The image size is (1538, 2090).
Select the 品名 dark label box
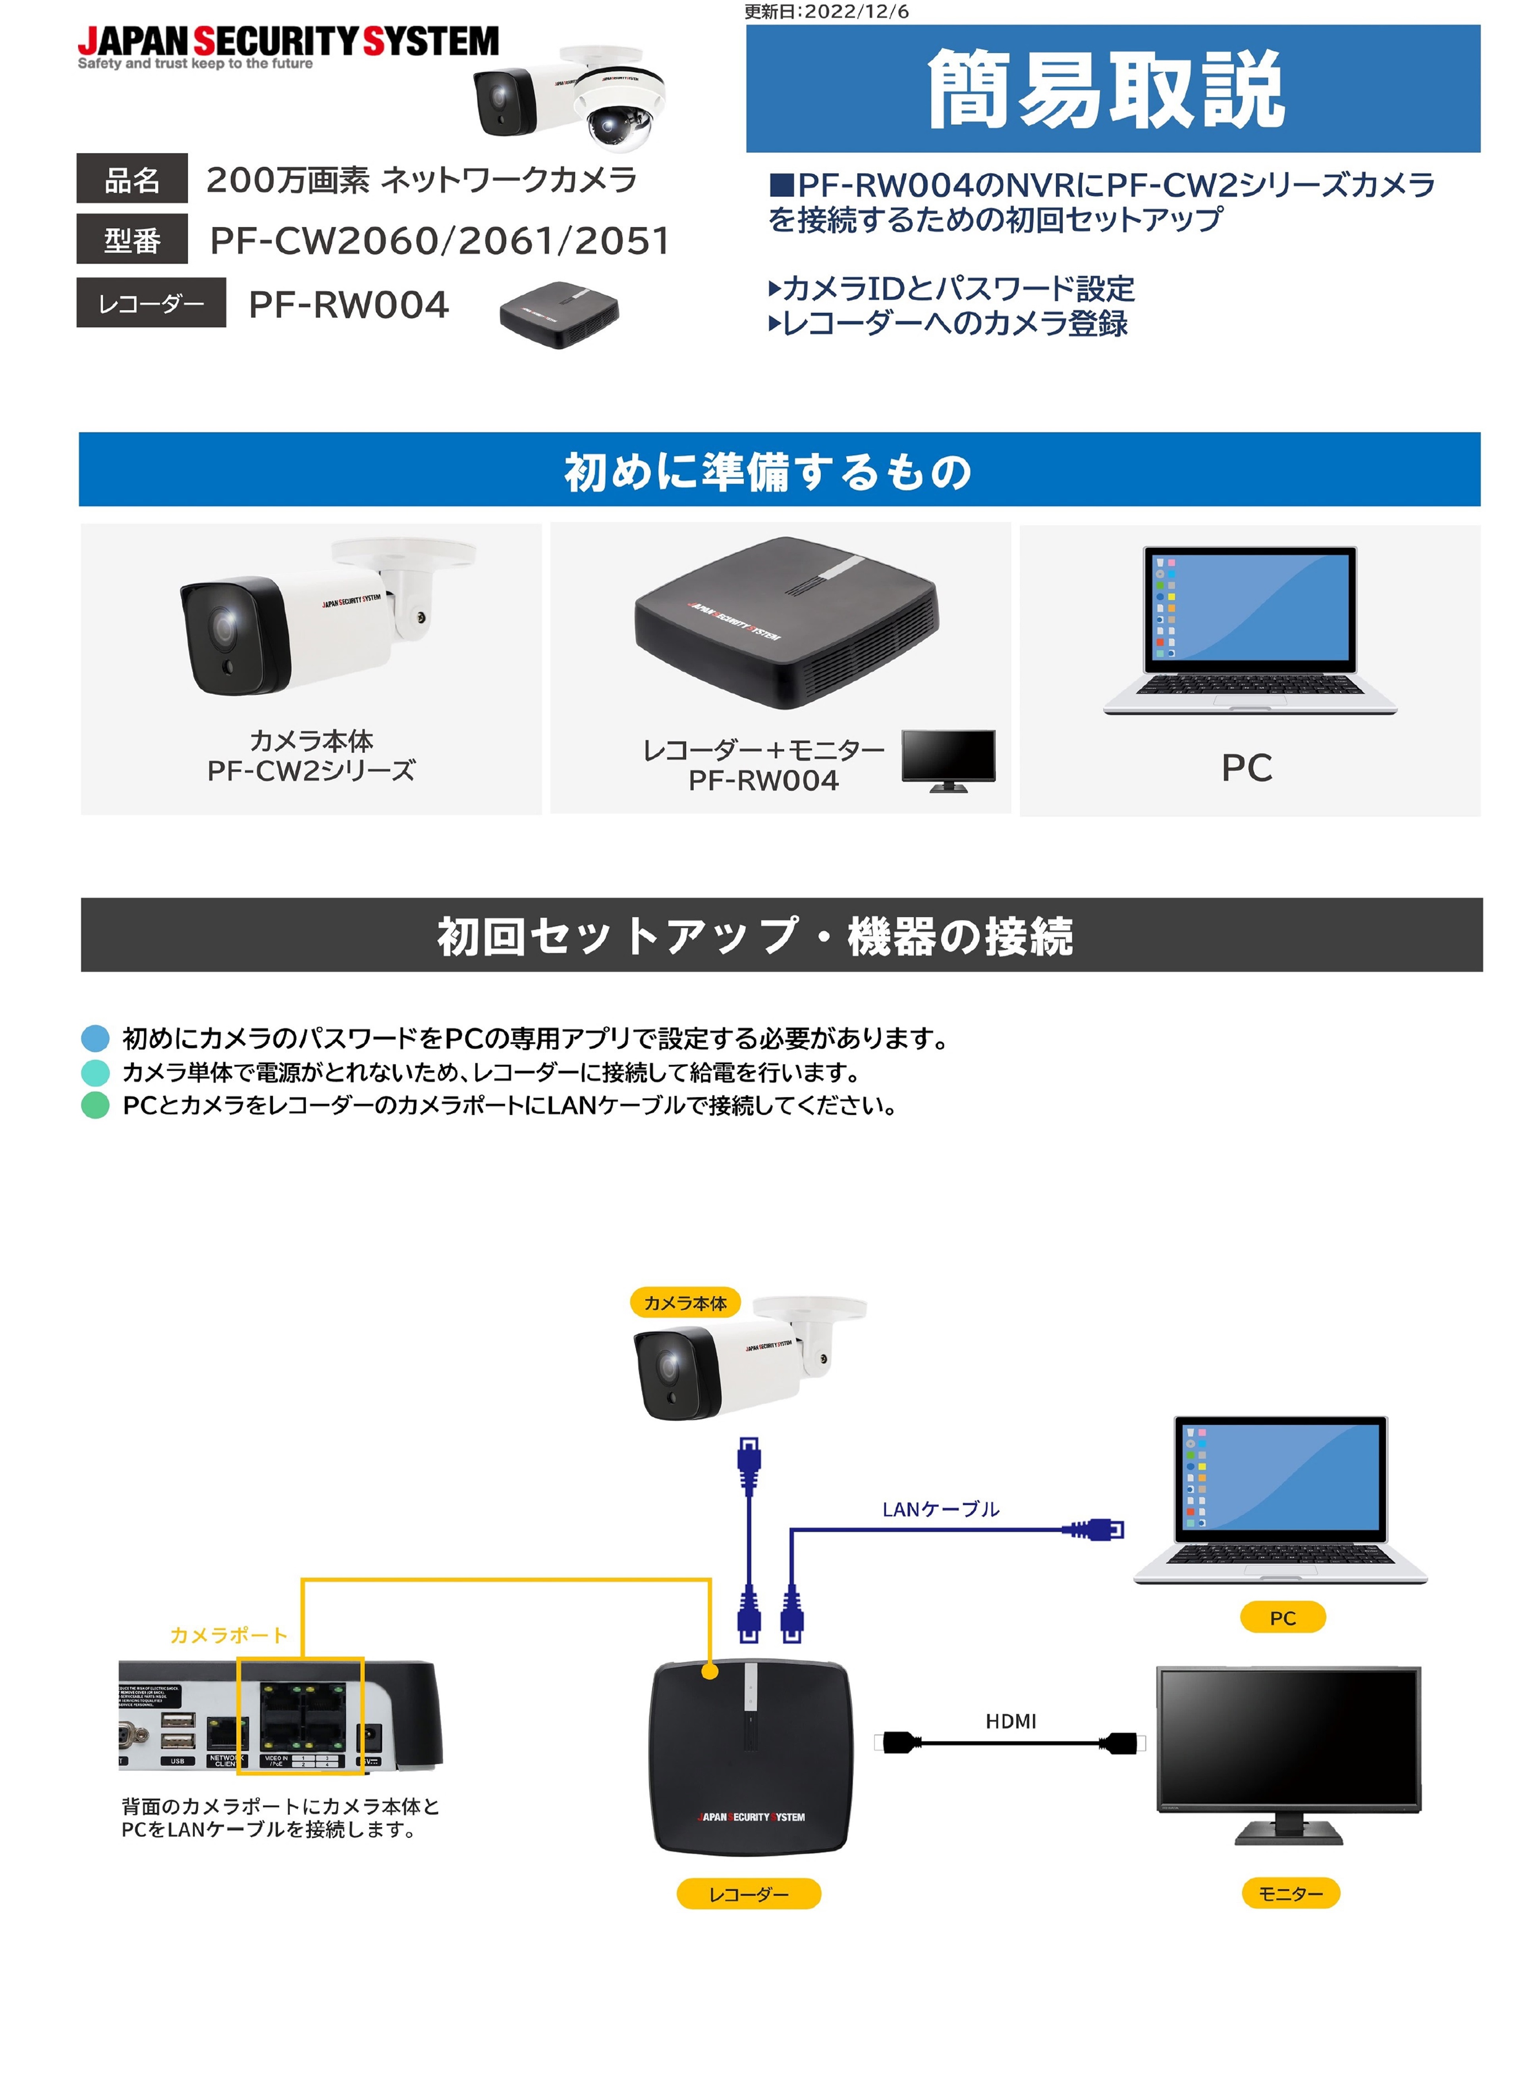pyautogui.click(x=132, y=179)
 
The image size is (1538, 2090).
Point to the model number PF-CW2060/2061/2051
pyautogui.click(x=440, y=240)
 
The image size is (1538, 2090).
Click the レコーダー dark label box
pyautogui.click(x=151, y=303)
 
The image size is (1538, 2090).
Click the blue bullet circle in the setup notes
pyautogui.click(x=95, y=1038)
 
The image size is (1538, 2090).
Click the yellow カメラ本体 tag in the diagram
pyautogui.click(x=685, y=1302)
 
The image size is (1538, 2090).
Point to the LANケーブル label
pyautogui.click(x=940, y=1509)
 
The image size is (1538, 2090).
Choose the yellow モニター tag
pyautogui.click(x=1290, y=1893)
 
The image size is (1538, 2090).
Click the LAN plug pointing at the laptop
pyautogui.click(x=1098, y=1529)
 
